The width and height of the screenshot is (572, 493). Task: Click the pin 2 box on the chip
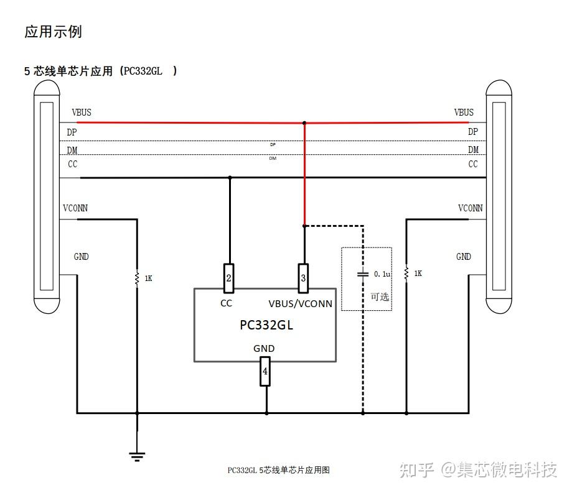[228, 278]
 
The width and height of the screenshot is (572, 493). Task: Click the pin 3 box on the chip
[303, 278]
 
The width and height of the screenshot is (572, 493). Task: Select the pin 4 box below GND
[265, 371]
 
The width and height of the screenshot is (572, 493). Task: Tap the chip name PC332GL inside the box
[266, 325]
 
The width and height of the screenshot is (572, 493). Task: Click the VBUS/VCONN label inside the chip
[300, 304]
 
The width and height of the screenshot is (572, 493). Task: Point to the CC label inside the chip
[227, 303]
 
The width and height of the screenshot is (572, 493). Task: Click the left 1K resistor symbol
[137, 278]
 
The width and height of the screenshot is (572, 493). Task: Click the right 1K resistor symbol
[406, 273]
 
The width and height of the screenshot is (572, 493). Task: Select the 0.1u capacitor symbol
[362, 274]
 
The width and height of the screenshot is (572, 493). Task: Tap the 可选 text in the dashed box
[380, 297]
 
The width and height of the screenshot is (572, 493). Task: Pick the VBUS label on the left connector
[82, 113]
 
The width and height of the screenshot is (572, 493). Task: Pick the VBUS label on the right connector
[464, 113]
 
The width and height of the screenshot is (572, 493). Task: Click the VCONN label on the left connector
[75, 208]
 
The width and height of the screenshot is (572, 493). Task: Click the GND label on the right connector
[464, 257]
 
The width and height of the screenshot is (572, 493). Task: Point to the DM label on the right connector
[473, 149]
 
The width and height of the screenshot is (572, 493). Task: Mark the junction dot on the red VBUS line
[304, 123]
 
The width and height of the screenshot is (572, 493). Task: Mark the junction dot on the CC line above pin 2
[230, 178]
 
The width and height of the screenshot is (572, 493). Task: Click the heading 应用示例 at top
[53, 32]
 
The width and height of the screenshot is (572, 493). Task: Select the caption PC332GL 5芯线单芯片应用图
[278, 470]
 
